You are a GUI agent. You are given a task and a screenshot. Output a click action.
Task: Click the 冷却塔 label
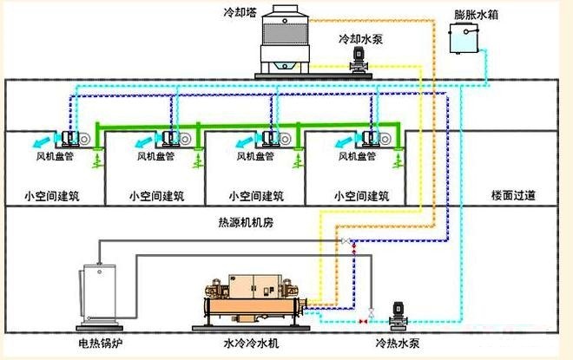[240, 12]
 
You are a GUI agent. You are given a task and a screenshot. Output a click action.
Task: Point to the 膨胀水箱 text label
[476, 15]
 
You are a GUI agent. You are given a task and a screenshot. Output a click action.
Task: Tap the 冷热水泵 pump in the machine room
[398, 316]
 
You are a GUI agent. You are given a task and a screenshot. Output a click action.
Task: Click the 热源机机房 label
[246, 222]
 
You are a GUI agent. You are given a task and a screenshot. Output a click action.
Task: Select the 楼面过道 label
[513, 195]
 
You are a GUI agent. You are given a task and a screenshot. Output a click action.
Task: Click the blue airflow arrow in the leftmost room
[43, 141]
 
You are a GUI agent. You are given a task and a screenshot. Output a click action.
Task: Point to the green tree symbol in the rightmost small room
[398, 160]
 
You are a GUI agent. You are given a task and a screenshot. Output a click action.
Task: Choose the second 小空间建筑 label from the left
[156, 196]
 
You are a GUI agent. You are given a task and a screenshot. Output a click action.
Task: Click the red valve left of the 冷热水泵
[363, 321]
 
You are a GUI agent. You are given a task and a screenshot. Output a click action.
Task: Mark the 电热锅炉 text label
[100, 344]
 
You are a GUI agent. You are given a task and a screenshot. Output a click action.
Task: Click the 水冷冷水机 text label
[251, 343]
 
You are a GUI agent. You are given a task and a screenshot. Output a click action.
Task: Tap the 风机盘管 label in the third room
[255, 156]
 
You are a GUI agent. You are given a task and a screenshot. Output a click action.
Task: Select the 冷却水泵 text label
[360, 39]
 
